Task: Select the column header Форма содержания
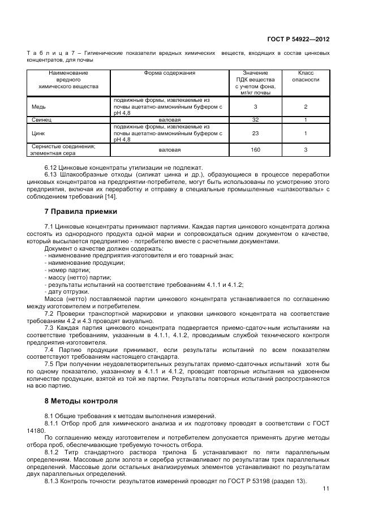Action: [x=169, y=73]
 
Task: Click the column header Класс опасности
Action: [x=306, y=76]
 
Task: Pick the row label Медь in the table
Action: [x=39, y=106]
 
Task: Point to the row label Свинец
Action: [x=42, y=120]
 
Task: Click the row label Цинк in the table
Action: [x=38, y=133]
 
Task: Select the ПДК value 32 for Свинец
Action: [x=255, y=120]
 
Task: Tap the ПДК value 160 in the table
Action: [x=255, y=149]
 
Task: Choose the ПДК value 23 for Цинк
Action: [x=255, y=133]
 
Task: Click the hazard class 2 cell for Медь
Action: [x=306, y=106]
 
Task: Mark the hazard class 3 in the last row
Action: [x=306, y=149]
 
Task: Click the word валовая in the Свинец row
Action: [x=169, y=120]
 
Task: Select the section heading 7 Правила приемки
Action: [x=81, y=211]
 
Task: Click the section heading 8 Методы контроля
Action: [x=81, y=401]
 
